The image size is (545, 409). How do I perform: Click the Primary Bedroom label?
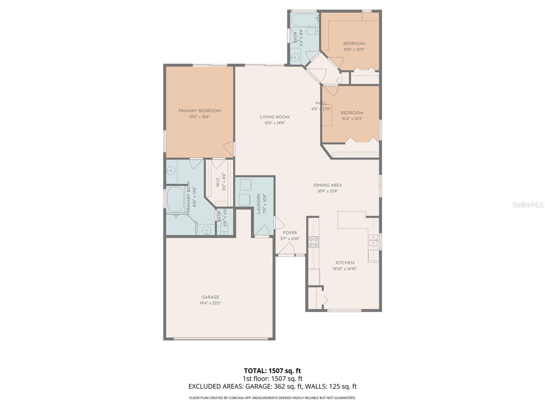[200, 111]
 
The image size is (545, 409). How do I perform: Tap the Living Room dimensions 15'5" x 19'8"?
[275, 123]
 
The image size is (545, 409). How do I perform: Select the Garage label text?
[210, 297]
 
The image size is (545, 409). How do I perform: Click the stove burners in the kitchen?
[313, 242]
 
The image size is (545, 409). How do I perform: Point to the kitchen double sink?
[373, 240]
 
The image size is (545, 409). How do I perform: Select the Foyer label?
[290, 233]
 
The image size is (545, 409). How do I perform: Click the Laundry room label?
[259, 203]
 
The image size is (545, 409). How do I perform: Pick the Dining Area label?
[328, 185]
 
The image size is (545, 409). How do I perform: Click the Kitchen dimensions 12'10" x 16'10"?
[345, 269]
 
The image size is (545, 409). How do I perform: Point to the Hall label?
[321, 103]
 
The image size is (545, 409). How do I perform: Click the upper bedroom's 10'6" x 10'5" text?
[354, 49]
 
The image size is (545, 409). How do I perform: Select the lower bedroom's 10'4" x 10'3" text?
[352, 119]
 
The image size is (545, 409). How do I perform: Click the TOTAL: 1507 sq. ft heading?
[272, 370]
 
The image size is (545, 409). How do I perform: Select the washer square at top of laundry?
[245, 185]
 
